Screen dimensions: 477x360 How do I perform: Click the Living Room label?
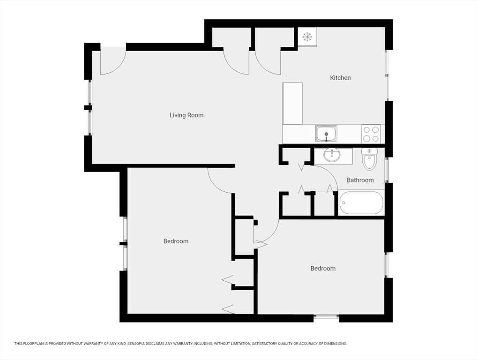[186, 115]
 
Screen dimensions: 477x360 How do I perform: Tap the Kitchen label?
[340, 78]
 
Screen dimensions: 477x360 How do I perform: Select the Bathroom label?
[360, 180]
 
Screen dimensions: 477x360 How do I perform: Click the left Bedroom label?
[176, 241]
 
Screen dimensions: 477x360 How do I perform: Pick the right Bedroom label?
[323, 269]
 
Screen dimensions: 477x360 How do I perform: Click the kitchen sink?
[326, 134]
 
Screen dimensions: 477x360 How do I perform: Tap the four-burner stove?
[371, 134]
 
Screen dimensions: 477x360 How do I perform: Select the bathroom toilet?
[370, 159]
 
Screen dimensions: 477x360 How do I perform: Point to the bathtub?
[361, 202]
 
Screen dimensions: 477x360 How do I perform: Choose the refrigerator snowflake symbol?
[307, 37]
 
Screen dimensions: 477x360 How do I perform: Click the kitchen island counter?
[292, 103]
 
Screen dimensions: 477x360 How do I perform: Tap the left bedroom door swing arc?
[215, 186]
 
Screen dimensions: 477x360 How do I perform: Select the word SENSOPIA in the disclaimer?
[138, 344]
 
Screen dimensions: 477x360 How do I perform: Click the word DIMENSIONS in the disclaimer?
[335, 344]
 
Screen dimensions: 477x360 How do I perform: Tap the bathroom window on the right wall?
[387, 170]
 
